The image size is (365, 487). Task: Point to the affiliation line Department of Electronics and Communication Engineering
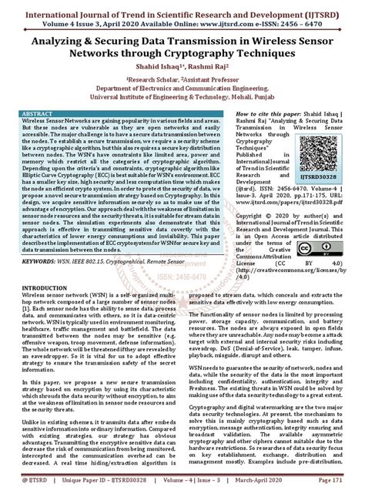[x=183, y=89]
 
